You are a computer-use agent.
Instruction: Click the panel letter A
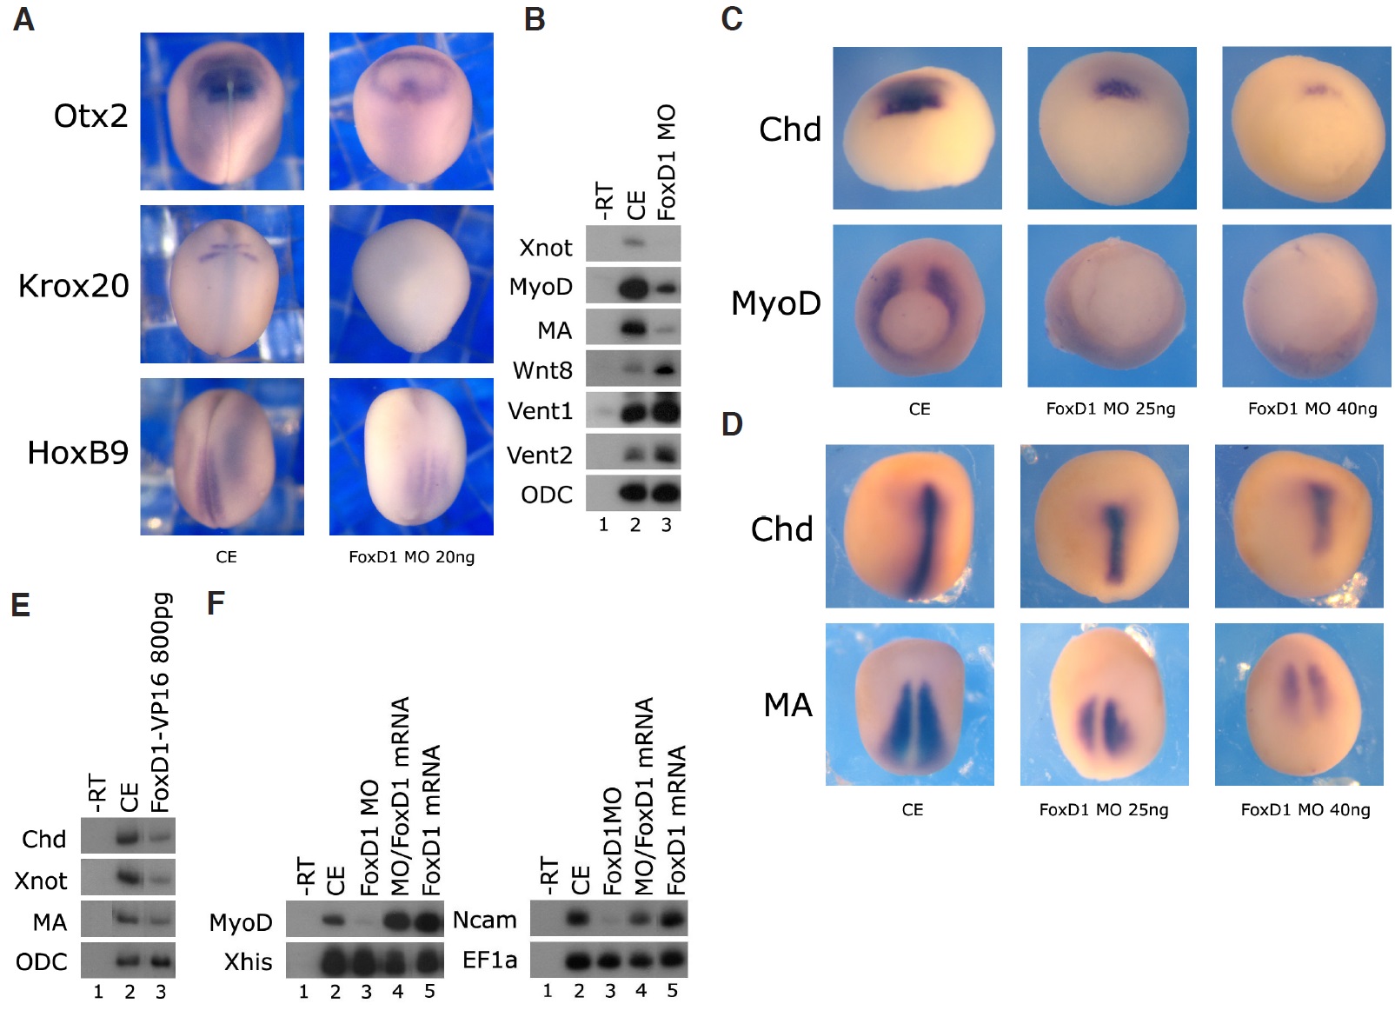pos(23,19)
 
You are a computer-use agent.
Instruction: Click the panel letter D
pos(732,424)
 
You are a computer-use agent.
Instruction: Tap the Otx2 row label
pos(91,116)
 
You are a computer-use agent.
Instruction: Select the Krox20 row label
pos(74,286)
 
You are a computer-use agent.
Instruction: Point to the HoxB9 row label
pos(78,453)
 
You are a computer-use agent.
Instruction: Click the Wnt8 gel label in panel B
pos(542,370)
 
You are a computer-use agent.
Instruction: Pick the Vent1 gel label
pos(540,411)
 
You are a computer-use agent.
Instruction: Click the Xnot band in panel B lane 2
pos(634,243)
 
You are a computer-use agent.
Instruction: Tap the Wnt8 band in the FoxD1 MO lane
pos(666,370)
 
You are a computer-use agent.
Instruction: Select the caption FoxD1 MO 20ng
pos(412,557)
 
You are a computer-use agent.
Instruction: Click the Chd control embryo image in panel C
pos(917,129)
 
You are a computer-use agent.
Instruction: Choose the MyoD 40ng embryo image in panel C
pos(1306,306)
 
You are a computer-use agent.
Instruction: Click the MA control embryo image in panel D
pos(910,704)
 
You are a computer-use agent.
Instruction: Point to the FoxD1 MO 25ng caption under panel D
pos(1104,809)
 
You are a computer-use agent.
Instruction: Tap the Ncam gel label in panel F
pos(484,920)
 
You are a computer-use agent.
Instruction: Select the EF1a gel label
pos(489,960)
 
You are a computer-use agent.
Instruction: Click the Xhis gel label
pos(248,961)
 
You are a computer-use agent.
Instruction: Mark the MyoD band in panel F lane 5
pos(428,920)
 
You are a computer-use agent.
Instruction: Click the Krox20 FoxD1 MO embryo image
pos(411,284)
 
